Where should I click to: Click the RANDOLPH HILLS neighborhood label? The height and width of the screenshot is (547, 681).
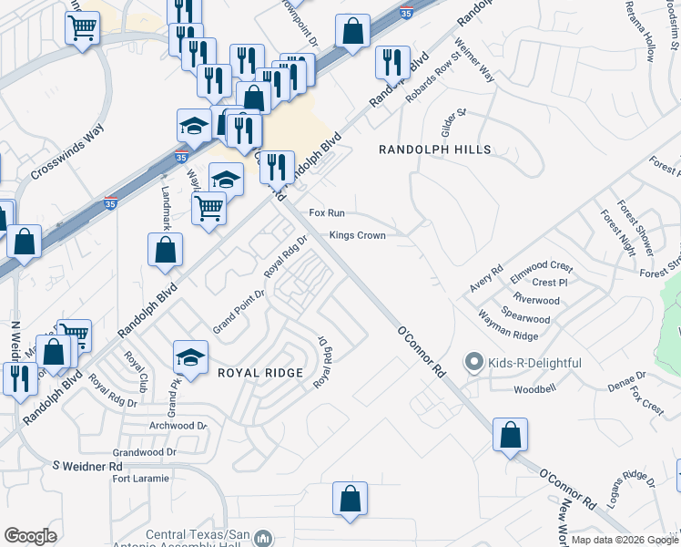pos(434,150)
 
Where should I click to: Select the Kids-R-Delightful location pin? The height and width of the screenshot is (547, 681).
pos(472,363)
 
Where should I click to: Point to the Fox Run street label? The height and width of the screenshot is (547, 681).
pos(327,212)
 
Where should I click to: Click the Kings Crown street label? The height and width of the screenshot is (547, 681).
pos(357,235)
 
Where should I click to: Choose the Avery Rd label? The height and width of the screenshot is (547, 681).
pos(486,278)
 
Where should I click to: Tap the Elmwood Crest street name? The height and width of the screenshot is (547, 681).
pos(542,267)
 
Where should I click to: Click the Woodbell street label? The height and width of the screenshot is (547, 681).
pos(534,389)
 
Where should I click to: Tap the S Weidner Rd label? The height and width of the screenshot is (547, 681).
pos(86,466)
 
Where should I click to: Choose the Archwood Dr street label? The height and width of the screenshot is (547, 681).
pos(178,426)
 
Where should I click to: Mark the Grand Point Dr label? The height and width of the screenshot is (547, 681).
pos(238,309)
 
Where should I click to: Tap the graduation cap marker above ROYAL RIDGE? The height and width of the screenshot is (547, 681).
pos(191,356)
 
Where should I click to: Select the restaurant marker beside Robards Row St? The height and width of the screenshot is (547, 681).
pos(392,62)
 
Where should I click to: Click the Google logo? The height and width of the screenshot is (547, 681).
pos(30,536)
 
